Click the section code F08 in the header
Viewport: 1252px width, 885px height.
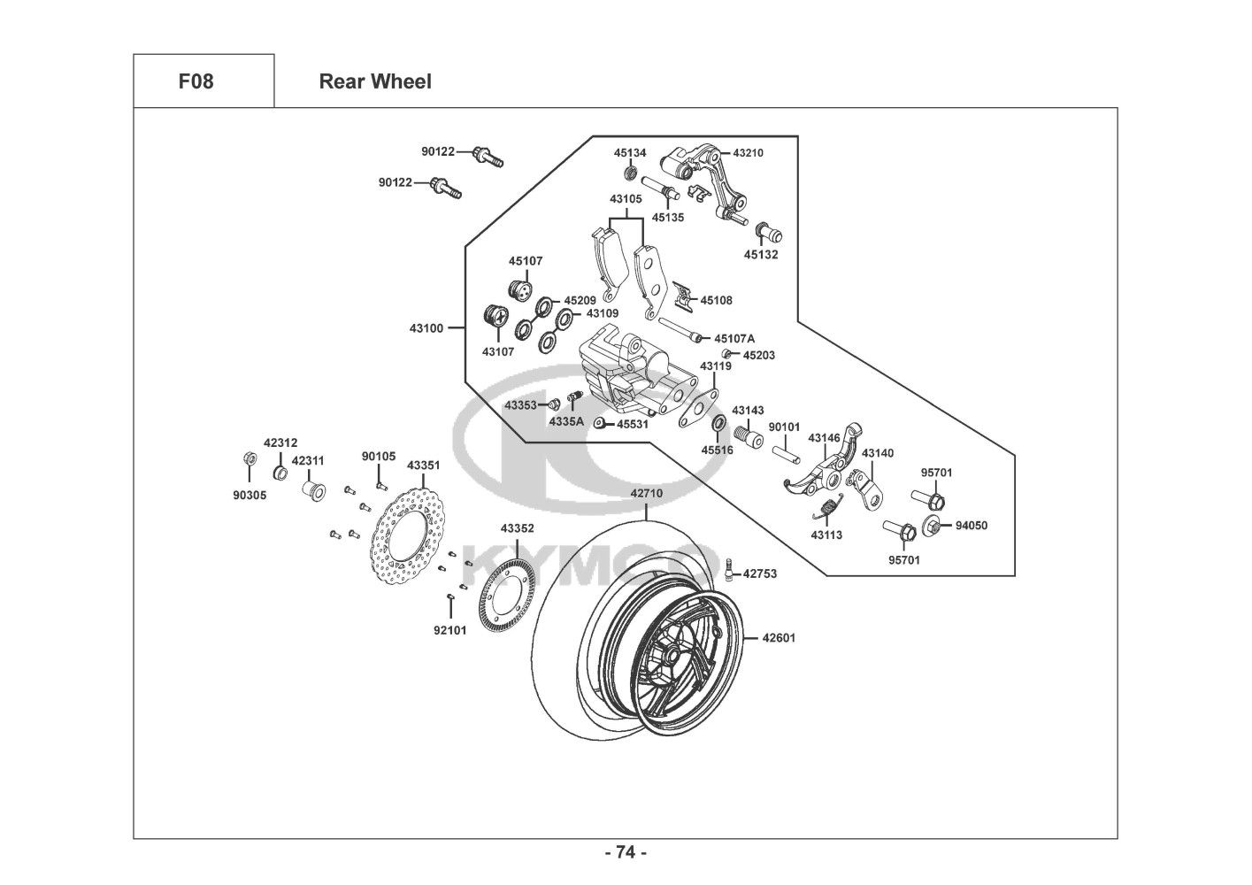tap(196, 81)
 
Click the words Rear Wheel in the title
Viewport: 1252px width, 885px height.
tap(375, 81)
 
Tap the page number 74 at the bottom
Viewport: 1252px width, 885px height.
tap(626, 852)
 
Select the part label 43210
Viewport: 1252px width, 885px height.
tap(747, 153)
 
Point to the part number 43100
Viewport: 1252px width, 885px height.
tap(426, 328)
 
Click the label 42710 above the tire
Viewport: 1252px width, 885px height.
tap(646, 493)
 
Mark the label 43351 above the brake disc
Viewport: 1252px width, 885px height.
tap(423, 465)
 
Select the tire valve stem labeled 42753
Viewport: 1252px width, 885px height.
tap(727, 569)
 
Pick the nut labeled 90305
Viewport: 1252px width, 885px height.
tap(250, 458)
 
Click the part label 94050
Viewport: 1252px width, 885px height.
tap(971, 526)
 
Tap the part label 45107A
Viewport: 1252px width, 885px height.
tap(734, 339)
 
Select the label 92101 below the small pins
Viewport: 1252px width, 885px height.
tap(449, 631)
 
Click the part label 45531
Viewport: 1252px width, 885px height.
tap(633, 425)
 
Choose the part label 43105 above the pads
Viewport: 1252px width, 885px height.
tap(626, 199)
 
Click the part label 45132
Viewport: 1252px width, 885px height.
tap(760, 255)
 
